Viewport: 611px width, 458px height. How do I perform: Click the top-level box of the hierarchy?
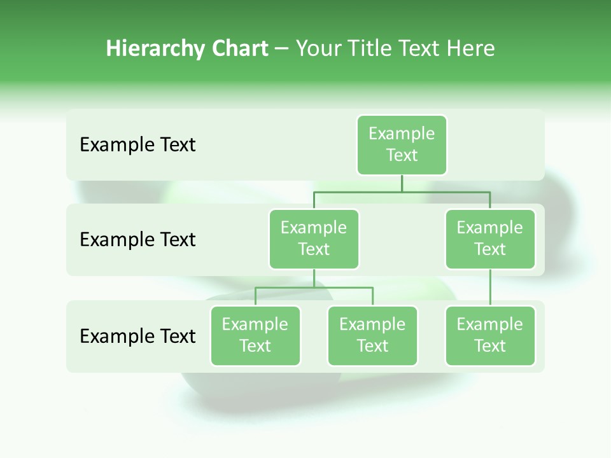402,144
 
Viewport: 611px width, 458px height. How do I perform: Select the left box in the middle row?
314,239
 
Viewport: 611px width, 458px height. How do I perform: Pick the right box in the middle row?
490,239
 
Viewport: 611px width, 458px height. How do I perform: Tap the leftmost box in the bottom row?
255,335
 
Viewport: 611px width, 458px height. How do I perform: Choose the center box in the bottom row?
372,335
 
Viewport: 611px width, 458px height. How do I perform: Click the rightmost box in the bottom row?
490,335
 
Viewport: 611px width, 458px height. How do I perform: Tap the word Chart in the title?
239,48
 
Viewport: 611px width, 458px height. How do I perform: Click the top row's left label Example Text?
137,145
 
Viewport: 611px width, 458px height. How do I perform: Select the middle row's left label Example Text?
137,240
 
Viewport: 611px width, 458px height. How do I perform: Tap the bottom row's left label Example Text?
137,336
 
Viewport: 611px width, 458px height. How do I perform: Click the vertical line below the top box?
402,183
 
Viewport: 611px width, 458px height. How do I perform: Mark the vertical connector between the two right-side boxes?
490,288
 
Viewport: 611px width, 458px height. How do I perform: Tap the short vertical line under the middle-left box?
314,279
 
